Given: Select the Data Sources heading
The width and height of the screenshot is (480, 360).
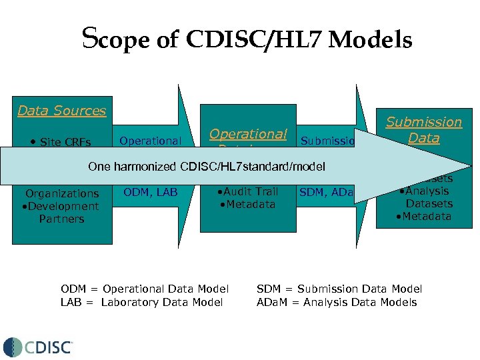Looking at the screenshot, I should coord(61,111).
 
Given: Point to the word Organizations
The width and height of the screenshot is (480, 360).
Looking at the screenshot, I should coord(61,194).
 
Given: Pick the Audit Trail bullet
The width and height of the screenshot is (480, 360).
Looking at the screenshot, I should coord(247,191).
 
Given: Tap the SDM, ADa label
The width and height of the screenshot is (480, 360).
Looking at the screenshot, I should coord(326,193).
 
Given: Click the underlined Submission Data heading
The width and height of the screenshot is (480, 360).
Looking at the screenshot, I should coord(423,130).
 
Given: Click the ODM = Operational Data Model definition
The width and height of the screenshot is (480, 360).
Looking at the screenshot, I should coord(145,289).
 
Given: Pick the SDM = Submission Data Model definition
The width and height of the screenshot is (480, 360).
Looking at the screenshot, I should coord(339,289).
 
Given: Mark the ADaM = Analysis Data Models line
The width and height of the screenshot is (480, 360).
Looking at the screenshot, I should coord(337,302).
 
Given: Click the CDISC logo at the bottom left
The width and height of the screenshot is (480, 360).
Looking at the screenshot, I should coord(39,347).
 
